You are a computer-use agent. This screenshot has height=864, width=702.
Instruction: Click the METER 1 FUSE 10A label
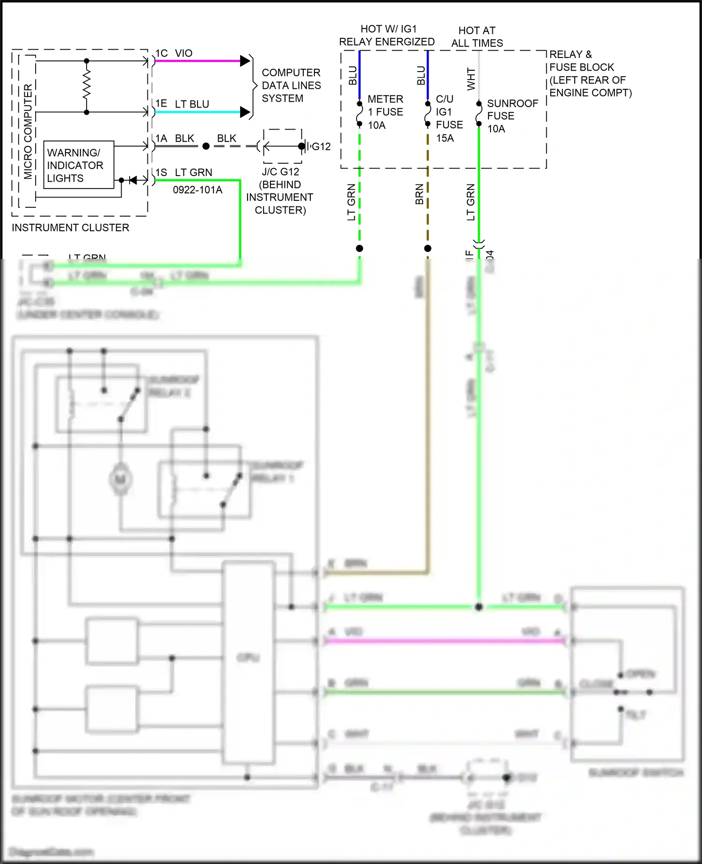point(385,112)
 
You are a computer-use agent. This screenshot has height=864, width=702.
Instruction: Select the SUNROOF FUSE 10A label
point(512,116)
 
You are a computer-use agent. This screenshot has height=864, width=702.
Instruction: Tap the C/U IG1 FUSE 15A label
point(449,118)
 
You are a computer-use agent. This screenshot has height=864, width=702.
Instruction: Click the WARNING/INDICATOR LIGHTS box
point(79,165)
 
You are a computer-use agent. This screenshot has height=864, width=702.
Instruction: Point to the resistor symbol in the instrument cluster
point(87,86)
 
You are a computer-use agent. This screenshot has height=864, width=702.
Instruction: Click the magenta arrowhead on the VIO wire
point(245,61)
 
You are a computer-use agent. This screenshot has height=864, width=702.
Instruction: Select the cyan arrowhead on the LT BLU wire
point(245,112)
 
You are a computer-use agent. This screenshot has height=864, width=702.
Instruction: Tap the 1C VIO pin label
point(174,53)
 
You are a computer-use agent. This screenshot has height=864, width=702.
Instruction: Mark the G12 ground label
point(321,146)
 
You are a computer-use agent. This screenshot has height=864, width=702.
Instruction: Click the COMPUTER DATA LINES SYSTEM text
point(291,86)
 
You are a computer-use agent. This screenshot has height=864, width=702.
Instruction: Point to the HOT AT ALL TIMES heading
point(477,37)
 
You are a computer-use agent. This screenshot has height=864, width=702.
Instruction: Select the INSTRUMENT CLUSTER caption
point(71,228)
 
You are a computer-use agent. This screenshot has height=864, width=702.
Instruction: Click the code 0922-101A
point(197,190)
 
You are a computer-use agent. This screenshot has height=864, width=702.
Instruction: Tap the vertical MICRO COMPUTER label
point(28,132)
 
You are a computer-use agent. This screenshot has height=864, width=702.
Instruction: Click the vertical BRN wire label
point(419,194)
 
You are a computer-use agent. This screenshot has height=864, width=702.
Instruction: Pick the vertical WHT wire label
point(471,79)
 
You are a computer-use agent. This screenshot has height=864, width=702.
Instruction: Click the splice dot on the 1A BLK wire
point(206,146)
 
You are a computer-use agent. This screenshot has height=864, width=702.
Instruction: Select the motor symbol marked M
point(120,479)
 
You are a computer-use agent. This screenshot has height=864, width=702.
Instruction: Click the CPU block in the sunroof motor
point(248,658)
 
